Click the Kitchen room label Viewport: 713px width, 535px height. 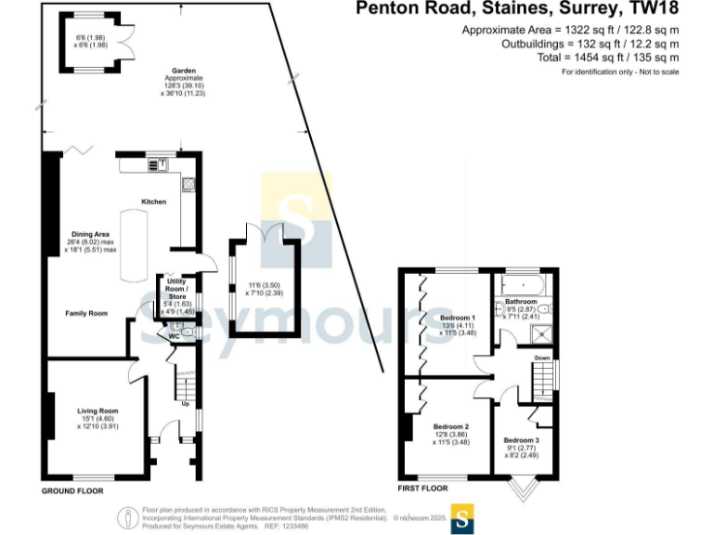coord(153,202)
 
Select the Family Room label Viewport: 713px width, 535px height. coord(86,314)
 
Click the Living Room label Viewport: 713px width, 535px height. coord(97,411)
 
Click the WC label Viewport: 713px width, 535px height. coord(174,335)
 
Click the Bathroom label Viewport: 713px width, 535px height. coord(521,302)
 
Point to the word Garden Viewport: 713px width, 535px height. coord(182,71)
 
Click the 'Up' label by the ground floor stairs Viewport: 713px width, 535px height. coord(185,404)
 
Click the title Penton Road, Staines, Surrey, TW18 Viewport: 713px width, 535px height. coord(518,10)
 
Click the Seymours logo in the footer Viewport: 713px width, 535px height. coord(463,516)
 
